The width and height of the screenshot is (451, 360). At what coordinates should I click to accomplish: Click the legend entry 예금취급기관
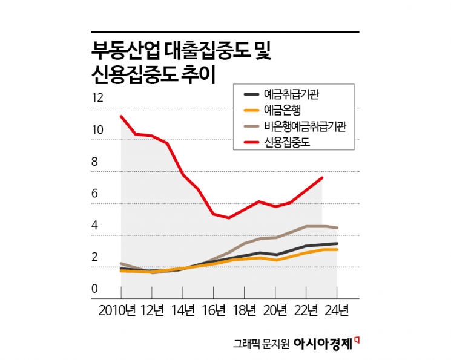pyautogui.click(x=291, y=94)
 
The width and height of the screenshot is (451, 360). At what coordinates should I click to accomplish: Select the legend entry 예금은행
pyautogui.click(x=283, y=110)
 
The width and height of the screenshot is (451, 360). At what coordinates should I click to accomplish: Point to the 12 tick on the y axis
pyautogui.click(x=98, y=98)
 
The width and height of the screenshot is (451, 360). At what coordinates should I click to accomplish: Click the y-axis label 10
pyautogui.click(x=98, y=130)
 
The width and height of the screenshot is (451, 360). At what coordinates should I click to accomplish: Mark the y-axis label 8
pyautogui.click(x=94, y=162)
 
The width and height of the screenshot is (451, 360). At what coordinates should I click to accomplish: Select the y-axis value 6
pyautogui.click(x=94, y=194)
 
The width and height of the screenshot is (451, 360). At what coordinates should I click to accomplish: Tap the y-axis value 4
pyautogui.click(x=94, y=226)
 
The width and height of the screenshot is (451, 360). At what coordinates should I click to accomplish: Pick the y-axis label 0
pyautogui.click(x=94, y=289)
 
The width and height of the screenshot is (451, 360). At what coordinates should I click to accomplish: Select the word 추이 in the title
pyautogui.click(x=197, y=74)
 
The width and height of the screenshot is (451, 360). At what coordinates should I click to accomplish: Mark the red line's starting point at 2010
pyautogui.click(x=121, y=116)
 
